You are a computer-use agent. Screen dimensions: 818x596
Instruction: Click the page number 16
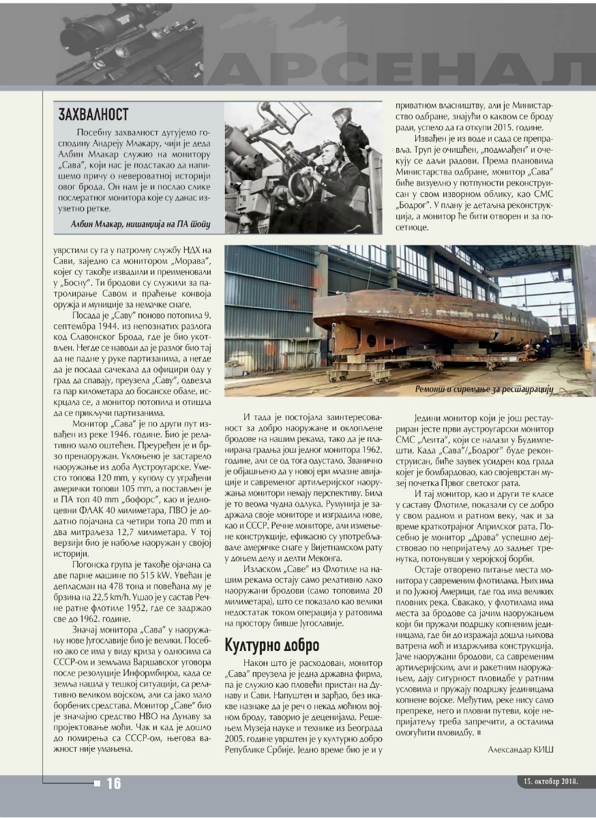[113, 783]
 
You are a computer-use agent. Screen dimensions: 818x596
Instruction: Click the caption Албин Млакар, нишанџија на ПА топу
[141, 224]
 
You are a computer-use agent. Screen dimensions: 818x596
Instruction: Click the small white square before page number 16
[98, 783]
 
